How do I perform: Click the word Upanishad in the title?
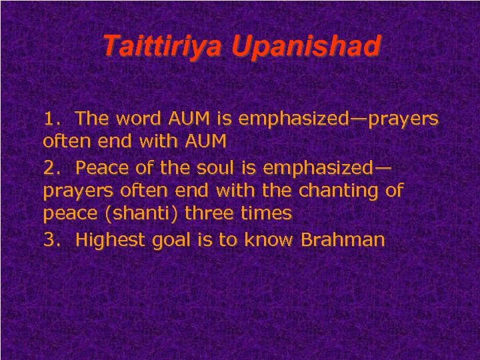pos(306,46)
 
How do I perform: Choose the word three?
pos(205,213)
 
